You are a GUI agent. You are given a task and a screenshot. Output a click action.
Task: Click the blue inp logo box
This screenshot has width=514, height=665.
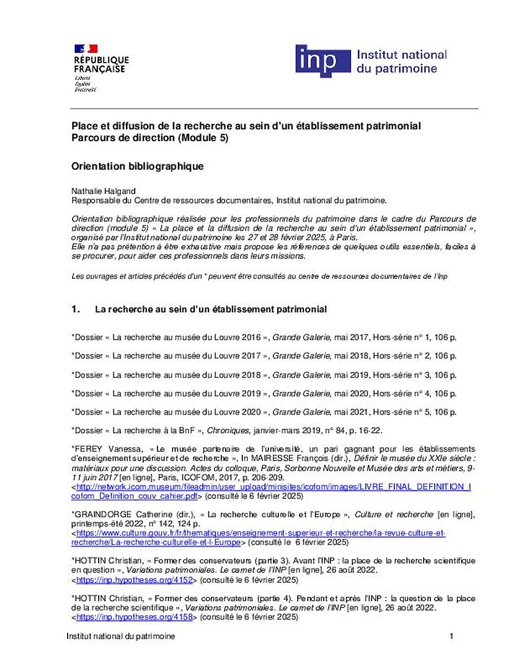(x=323, y=62)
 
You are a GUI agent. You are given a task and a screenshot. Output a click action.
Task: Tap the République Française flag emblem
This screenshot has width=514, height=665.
(x=86, y=49)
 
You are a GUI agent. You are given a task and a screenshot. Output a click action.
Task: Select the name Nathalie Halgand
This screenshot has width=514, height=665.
(x=98, y=191)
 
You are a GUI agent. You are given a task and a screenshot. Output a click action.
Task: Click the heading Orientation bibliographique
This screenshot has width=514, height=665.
(x=138, y=166)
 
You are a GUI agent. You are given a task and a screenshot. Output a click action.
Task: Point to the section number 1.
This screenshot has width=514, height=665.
(x=75, y=309)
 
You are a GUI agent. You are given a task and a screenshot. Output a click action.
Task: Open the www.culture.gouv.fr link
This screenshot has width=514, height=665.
(x=261, y=533)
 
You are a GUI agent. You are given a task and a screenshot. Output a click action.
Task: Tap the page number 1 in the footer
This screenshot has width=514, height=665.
(x=451, y=637)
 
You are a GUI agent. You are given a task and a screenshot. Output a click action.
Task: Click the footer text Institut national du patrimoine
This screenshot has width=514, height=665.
(x=120, y=637)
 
